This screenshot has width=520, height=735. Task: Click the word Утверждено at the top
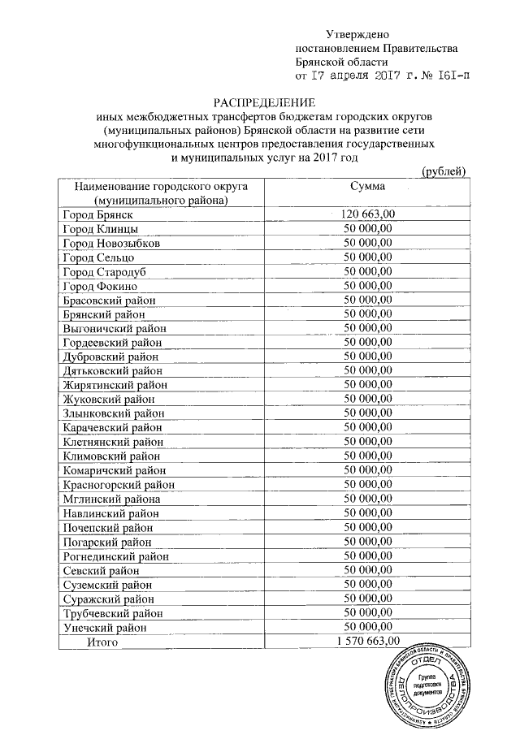[357, 35]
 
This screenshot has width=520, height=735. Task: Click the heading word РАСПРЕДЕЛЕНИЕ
[263, 104]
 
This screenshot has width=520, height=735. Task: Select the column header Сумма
[367, 187]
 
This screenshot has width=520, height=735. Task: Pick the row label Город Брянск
[97, 214]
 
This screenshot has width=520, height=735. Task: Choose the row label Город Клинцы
[99, 229]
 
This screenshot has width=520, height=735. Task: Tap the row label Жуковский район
[108, 400]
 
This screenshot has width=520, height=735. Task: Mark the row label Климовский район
[111, 456]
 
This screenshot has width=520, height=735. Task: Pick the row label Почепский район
[107, 527]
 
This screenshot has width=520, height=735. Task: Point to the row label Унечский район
[105, 627]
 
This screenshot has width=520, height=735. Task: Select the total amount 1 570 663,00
[368, 642]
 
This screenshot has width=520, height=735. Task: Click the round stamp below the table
[422, 683]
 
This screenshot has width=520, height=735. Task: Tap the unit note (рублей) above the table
[444, 171]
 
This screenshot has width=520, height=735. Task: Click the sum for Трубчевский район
[368, 612]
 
